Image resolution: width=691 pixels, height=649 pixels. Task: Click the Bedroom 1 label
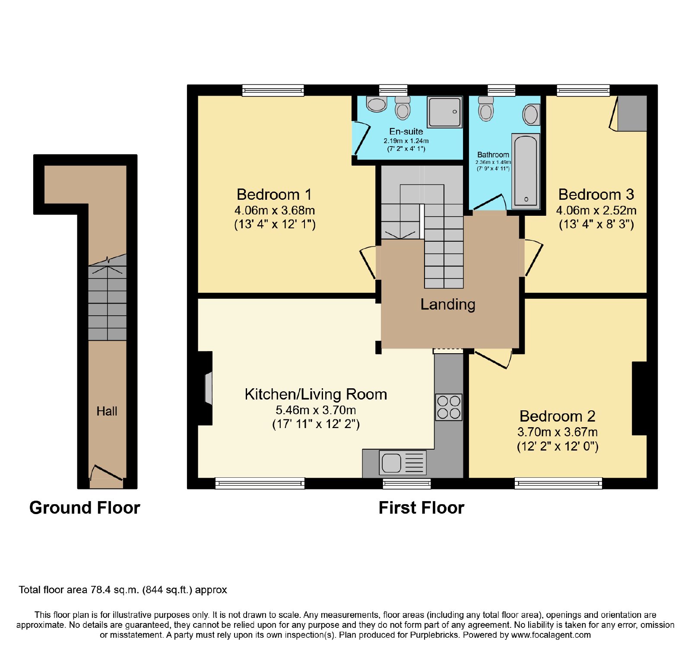tap(274, 195)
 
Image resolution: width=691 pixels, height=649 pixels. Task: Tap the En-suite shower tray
tap(444, 112)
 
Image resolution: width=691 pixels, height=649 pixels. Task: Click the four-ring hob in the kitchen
tap(449, 407)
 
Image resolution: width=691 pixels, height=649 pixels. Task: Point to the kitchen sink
tap(403, 462)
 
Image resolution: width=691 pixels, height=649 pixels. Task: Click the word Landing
tap(448, 304)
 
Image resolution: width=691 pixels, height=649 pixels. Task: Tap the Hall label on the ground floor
tap(107, 411)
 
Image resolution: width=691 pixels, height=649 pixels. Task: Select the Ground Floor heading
tap(85, 508)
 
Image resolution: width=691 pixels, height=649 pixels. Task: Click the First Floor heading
tap(422, 508)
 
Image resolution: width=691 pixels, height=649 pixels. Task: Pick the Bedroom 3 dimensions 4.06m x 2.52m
tap(596, 211)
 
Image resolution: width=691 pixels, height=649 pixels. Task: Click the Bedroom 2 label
tap(558, 416)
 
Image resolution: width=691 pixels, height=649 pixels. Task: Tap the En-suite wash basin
tap(376, 104)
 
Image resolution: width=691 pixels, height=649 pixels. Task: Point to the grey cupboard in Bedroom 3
tap(632, 113)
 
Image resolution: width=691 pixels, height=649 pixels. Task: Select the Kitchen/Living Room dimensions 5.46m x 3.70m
tap(316, 410)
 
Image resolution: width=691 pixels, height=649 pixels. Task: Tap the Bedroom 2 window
tap(558, 483)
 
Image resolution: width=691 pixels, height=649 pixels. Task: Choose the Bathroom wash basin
tap(531, 115)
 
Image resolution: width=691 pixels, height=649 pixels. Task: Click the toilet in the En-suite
tap(403, 108)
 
